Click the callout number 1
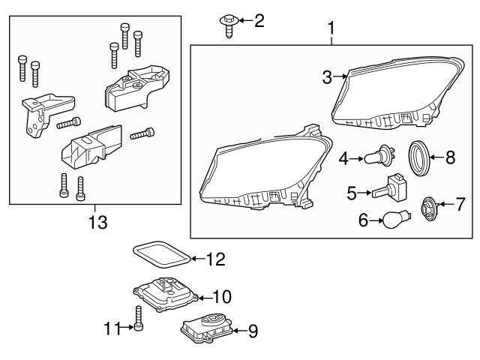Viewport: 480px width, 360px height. pos(330,29)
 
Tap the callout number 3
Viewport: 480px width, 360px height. pos(326,76)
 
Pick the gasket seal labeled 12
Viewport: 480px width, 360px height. pos(160,253)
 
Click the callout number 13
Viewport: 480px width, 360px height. pos(97,223)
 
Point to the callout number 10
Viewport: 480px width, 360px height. pos(222,296)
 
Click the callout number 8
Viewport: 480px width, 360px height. pos(450,157)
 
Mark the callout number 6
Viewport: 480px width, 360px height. pos(363,221)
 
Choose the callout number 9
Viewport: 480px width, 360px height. pos(252,328)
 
